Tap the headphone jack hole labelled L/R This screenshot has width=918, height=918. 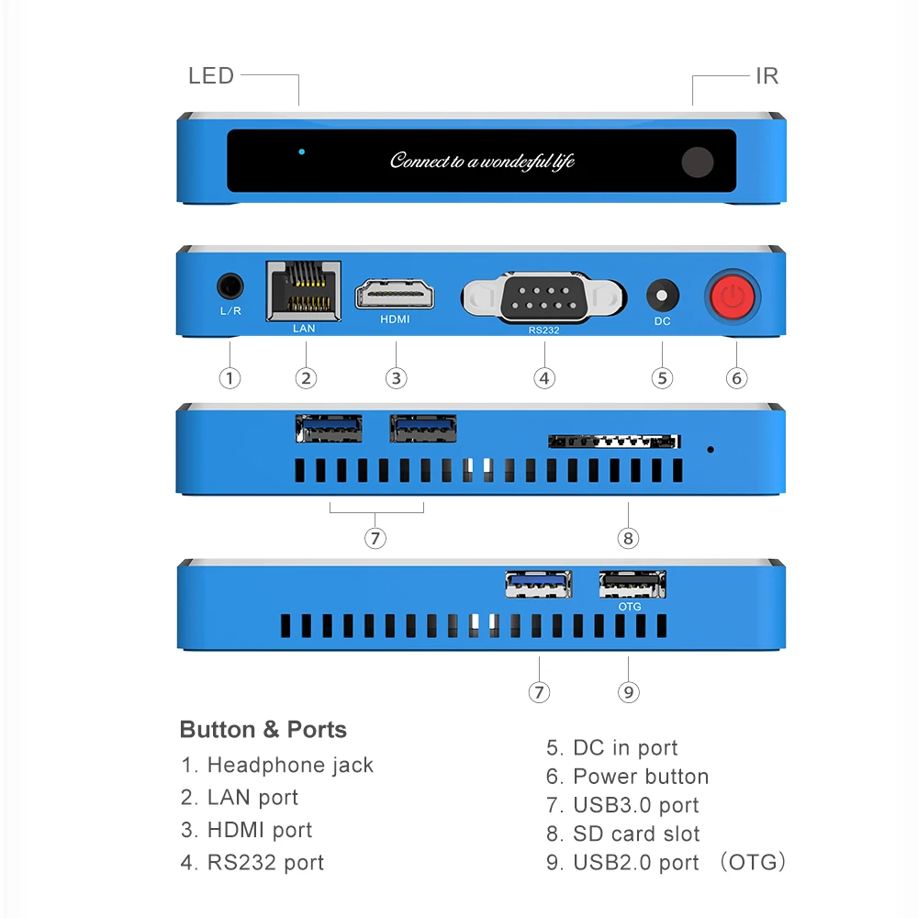pos(230,286)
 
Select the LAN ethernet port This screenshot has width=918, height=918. pos(303,291)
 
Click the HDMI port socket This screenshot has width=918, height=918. pos(395,294)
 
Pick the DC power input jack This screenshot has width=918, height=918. pos(662,296)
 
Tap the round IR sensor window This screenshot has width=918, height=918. pos(698,162)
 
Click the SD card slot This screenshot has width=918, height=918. pos(614,442)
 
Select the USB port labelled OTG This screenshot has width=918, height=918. pos(632,584)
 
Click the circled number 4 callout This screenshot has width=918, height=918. pos(544,377)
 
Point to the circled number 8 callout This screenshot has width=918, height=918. pos(628,538)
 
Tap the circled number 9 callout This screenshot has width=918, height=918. pos(628,691)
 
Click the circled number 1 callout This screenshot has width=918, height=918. pos(229,377)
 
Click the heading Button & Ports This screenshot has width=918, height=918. pos(263,730)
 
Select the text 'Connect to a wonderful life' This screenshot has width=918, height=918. pos(482,162)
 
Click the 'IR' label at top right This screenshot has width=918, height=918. pos(767,76)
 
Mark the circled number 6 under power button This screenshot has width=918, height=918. pos(736,377)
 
